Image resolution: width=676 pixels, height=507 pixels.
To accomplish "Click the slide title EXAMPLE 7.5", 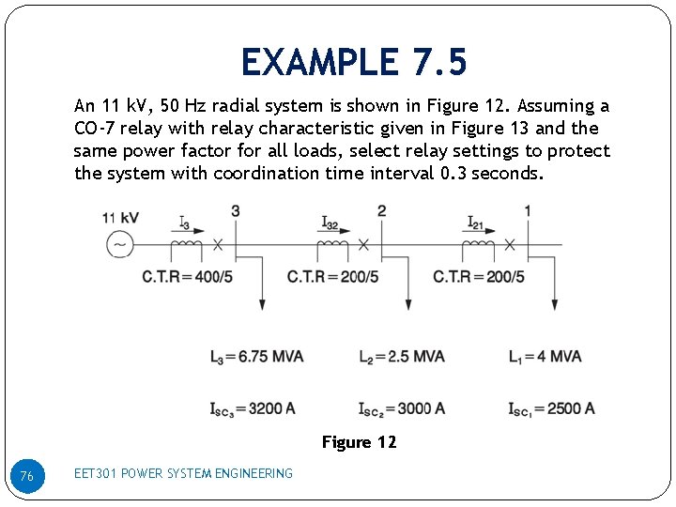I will (x=353, y=63).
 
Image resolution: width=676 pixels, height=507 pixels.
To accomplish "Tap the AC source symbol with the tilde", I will (x=120, y=245).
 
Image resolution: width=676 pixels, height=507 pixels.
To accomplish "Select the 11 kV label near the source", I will (x=120, y=218).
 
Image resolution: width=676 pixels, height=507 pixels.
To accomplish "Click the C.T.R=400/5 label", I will (x=187, y=277).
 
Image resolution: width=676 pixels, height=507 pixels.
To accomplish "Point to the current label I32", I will (x=330, y=223).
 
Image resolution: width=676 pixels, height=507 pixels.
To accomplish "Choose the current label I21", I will (x=476, y=223).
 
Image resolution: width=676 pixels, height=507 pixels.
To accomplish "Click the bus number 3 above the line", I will (x=235, y=210).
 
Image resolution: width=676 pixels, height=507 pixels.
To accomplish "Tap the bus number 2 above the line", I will (x=381, y=210).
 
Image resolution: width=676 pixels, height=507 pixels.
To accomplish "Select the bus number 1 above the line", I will (x=528, y=210).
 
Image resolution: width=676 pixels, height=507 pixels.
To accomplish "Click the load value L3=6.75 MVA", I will (x=256, y=357).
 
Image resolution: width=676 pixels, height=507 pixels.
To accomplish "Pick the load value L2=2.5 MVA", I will (x=401, y=357).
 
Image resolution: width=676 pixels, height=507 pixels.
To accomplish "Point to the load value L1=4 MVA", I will (x=545, y=357).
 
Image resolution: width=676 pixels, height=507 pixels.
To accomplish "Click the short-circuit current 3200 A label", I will (x=253, y=408).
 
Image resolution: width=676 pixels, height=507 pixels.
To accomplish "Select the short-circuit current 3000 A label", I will (x=401, y=408).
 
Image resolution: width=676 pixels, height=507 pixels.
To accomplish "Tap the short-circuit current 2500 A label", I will (x=551, y=408).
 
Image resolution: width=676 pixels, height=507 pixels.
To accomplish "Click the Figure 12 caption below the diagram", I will (x=359, y=442).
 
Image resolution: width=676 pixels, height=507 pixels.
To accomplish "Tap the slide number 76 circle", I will (x=26, y=477).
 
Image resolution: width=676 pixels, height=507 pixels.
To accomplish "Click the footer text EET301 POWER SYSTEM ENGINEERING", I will (x=183, y=473).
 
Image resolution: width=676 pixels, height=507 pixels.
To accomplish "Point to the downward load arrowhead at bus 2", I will (x=408, y=304).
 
